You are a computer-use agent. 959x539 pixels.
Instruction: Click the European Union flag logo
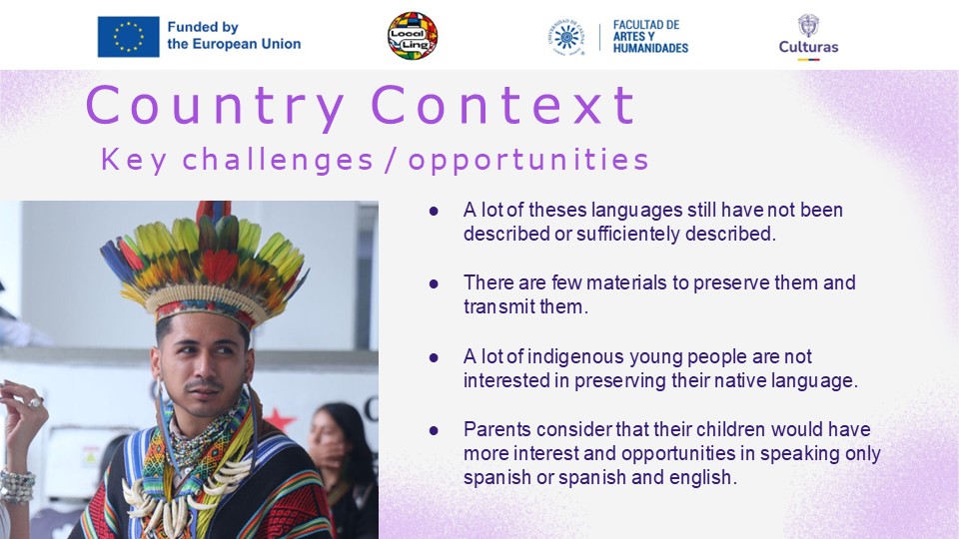[129, 37]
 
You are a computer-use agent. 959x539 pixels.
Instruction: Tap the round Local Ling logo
[413, 36]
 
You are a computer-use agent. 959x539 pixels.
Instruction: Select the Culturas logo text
[808, 47]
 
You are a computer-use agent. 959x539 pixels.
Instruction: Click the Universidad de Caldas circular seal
[565, 37]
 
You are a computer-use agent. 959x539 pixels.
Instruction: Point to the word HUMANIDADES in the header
[650, 48]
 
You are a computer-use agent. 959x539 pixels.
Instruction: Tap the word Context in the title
[503, 105]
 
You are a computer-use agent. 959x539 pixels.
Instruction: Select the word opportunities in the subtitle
[528, 161]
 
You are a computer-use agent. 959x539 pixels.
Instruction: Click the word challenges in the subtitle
[278, 160]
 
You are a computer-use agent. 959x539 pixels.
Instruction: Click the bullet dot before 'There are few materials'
[434, 283]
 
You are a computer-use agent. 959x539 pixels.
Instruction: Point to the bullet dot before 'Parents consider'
[434, 430]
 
